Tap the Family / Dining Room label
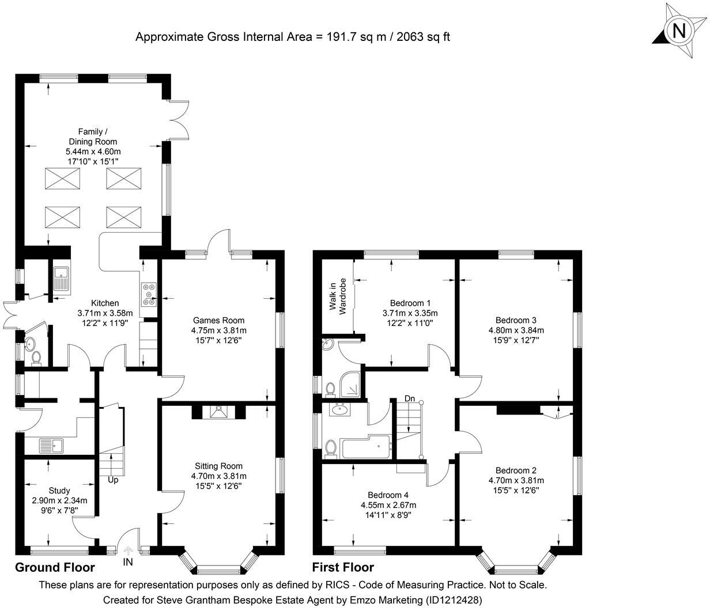pyautogui.click(x=93, y=136)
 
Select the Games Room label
pyautogui.click(x=218, y=320)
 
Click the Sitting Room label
pyautogui.click(x=218, y=466)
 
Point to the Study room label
pyautogui.click(x=59, y=491)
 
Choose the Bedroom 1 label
pyautogui.click(x=410, y=303)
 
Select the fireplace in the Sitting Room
pyautogui.click(x=218, y=411)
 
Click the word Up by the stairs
pyautogui.click(x=113, y=479)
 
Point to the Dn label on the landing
pyautogui.click(x=410, y=398)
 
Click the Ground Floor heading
pyautogui.click(x=55, y=568)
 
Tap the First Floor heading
pyautogui.click(x=343, y=568)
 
